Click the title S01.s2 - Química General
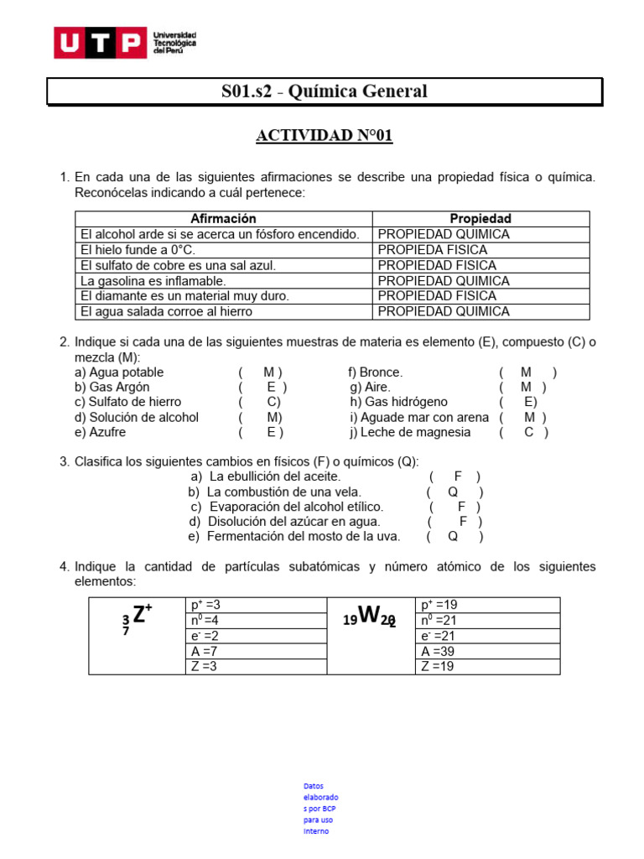[324, 91]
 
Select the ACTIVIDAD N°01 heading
[324, 136]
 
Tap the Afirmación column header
[223, 219]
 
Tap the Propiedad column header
[480, 219]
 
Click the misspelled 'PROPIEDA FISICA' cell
[432, 250]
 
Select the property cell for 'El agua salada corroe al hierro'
[444, 311]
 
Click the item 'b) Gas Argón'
[112, 387]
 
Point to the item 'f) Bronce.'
[376, 372]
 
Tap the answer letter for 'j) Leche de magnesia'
[528, 432]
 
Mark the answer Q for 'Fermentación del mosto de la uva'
[453, 536]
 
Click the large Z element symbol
[140, 615]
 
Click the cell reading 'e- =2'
[205, 636]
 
